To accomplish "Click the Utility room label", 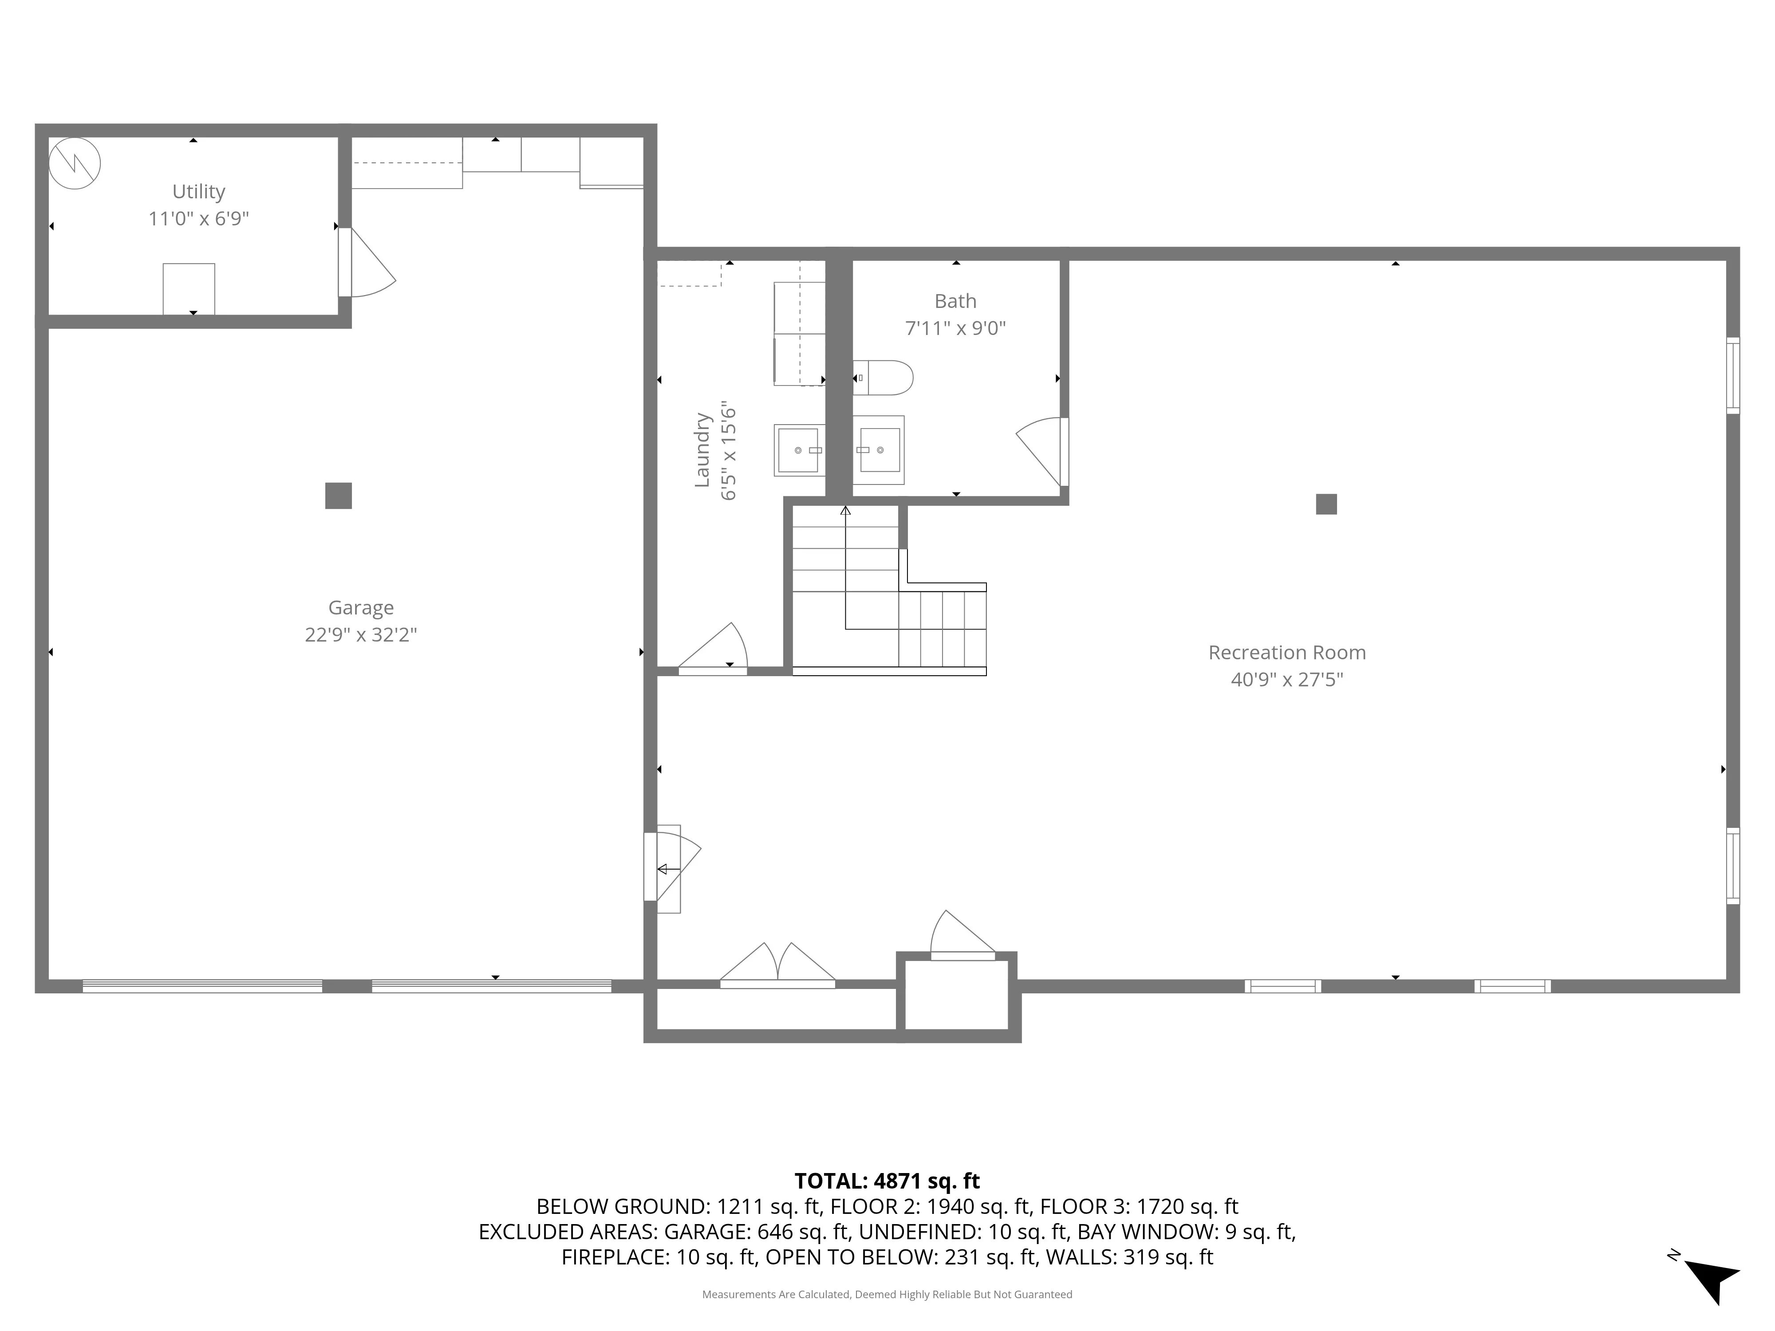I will pyautogui.click(x=198, y=192).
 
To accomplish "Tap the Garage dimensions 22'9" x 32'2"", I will pyautogui.click(x=360, y=634).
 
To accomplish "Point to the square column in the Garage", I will pyautogui.click(x=338, y=496).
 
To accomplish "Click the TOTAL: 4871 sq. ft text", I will pyautogui.click(x=887, y=1181).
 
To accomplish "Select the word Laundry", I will pyautogui.click(x=702, y=450).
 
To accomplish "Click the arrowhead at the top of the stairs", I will pyautogui.click(x=845, y=510).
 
